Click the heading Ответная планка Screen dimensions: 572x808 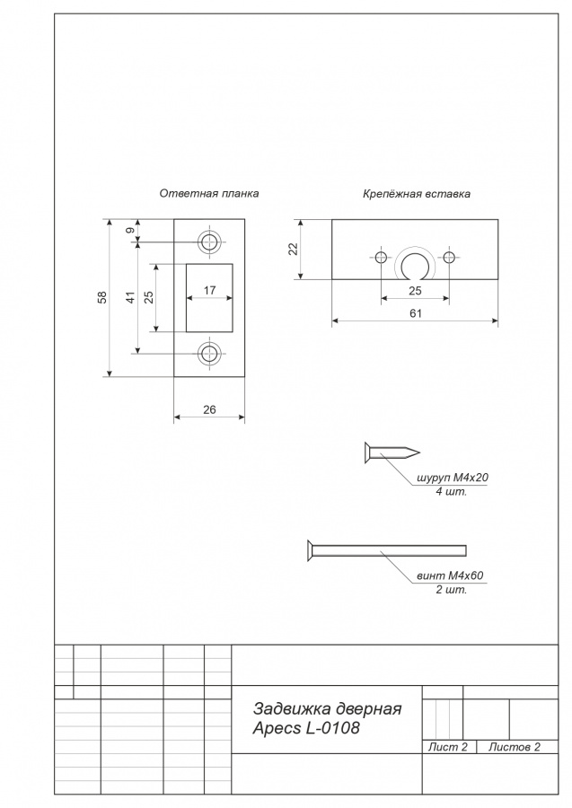208,194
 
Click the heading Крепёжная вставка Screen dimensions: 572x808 417,194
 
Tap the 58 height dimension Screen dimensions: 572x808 102,297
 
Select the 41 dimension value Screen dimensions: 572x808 131,297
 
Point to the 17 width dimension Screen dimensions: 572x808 209,291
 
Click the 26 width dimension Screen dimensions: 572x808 209,409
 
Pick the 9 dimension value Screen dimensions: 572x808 131,231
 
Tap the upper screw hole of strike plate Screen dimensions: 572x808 209,242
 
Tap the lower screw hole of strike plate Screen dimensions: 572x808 209,354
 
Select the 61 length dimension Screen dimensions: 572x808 416,313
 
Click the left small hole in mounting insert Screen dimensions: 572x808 381,257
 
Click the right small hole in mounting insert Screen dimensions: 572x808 449,257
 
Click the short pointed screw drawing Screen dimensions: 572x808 392,453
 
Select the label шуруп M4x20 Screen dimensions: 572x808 452,478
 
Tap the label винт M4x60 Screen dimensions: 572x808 450,575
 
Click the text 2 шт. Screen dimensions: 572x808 452,590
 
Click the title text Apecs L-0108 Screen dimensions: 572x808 306,729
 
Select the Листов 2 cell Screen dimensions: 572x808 515,747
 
